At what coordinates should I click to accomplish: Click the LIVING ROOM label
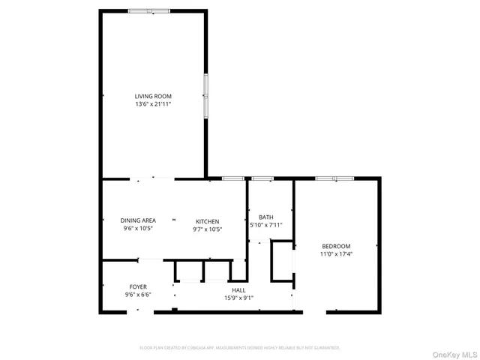153,96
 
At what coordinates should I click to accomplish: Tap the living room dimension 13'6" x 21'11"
153,104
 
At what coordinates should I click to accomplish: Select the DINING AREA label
138,220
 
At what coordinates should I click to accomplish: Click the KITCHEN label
207,221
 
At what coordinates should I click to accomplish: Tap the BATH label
265,217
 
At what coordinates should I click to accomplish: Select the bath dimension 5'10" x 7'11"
265,224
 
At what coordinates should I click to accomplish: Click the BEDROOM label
336,246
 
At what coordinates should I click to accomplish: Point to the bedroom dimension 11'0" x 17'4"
336,253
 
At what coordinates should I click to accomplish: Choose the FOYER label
138,286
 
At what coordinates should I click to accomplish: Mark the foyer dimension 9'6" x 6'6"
138,294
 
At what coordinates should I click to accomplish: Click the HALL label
238,290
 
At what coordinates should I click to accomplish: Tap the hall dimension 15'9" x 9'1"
238,298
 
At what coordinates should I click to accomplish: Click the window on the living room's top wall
148,11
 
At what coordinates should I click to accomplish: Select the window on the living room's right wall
206,95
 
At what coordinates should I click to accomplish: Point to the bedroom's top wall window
334,178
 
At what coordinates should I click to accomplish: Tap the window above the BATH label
262,178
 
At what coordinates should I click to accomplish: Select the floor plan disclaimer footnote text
240,348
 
